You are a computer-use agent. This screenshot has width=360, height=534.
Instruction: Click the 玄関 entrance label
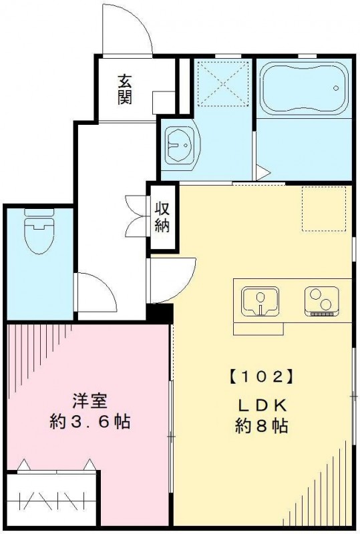coord(125,89)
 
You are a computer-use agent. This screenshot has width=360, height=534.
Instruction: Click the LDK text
coord(262,405)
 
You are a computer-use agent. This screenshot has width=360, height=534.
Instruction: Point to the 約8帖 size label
coord(262,426)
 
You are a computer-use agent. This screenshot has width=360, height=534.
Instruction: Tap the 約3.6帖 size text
coord(89,422)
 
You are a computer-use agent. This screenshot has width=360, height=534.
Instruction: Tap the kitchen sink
coord(260,300)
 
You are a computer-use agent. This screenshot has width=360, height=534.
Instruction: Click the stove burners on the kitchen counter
coord(321,300)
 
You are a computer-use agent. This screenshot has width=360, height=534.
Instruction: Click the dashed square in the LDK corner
coord(323,208)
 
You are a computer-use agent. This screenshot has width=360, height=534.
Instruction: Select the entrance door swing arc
coord(130,30)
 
